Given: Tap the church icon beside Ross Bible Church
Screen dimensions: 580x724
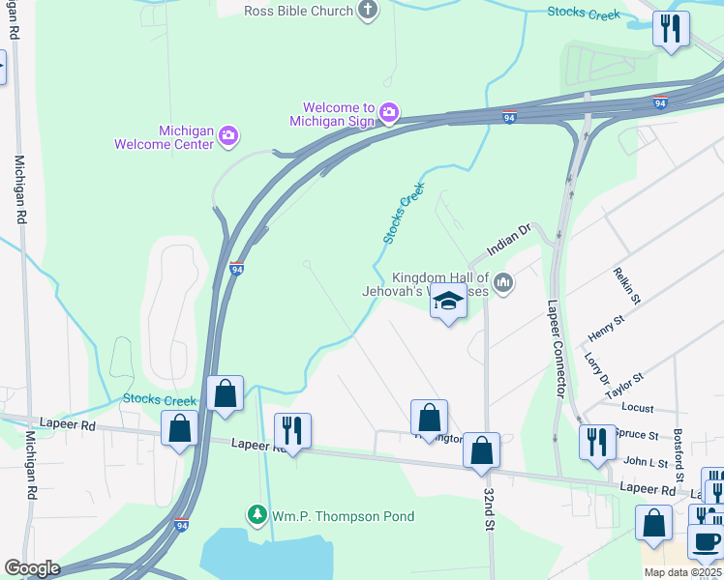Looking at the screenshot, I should pos(367,10).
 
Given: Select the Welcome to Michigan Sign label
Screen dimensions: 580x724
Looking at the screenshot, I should pos(339,114).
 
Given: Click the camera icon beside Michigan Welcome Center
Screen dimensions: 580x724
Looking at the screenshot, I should pos(228,133).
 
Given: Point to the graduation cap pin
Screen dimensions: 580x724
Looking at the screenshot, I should pos(448,304).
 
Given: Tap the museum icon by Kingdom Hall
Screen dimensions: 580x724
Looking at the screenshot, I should pos(502,283).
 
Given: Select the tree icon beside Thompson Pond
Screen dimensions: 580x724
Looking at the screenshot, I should pos(256,514).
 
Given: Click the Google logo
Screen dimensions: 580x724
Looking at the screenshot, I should pos(32,568).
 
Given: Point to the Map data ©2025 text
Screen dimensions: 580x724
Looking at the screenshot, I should pos(682,572).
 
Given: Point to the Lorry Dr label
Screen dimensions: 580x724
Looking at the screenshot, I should pos(593,368).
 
